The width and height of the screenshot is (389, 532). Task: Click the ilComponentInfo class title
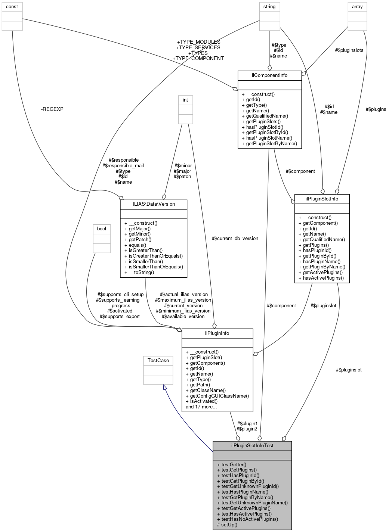tap(269, 75)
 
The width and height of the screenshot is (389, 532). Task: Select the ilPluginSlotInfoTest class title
tap(252, 445)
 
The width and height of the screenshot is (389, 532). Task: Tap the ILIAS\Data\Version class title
tap(153, 204)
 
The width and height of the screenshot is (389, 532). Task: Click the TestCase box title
tap(158, 361)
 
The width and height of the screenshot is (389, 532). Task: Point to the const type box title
tap(12, 7)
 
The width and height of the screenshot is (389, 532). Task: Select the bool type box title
tap(102, 229)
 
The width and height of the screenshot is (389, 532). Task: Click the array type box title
tap(357, 7)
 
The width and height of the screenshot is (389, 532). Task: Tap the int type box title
tap(185, 100)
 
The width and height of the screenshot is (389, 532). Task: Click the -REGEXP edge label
tap(52, 109)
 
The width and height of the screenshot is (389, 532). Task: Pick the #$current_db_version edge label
tap(235, 238)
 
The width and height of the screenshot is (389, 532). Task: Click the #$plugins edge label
tap(376, 109)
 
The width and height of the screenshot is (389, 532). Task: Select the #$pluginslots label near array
tap(349, 50)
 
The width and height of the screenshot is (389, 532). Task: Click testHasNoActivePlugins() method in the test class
tap(250, 519)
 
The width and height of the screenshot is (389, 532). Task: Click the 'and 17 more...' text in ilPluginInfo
tap(201, 407)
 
